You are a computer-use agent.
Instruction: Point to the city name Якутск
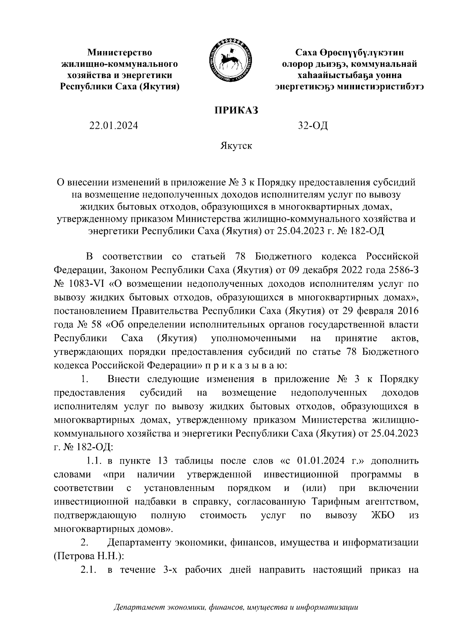pos(236,146)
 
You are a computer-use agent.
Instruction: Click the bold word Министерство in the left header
pos(120,52)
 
